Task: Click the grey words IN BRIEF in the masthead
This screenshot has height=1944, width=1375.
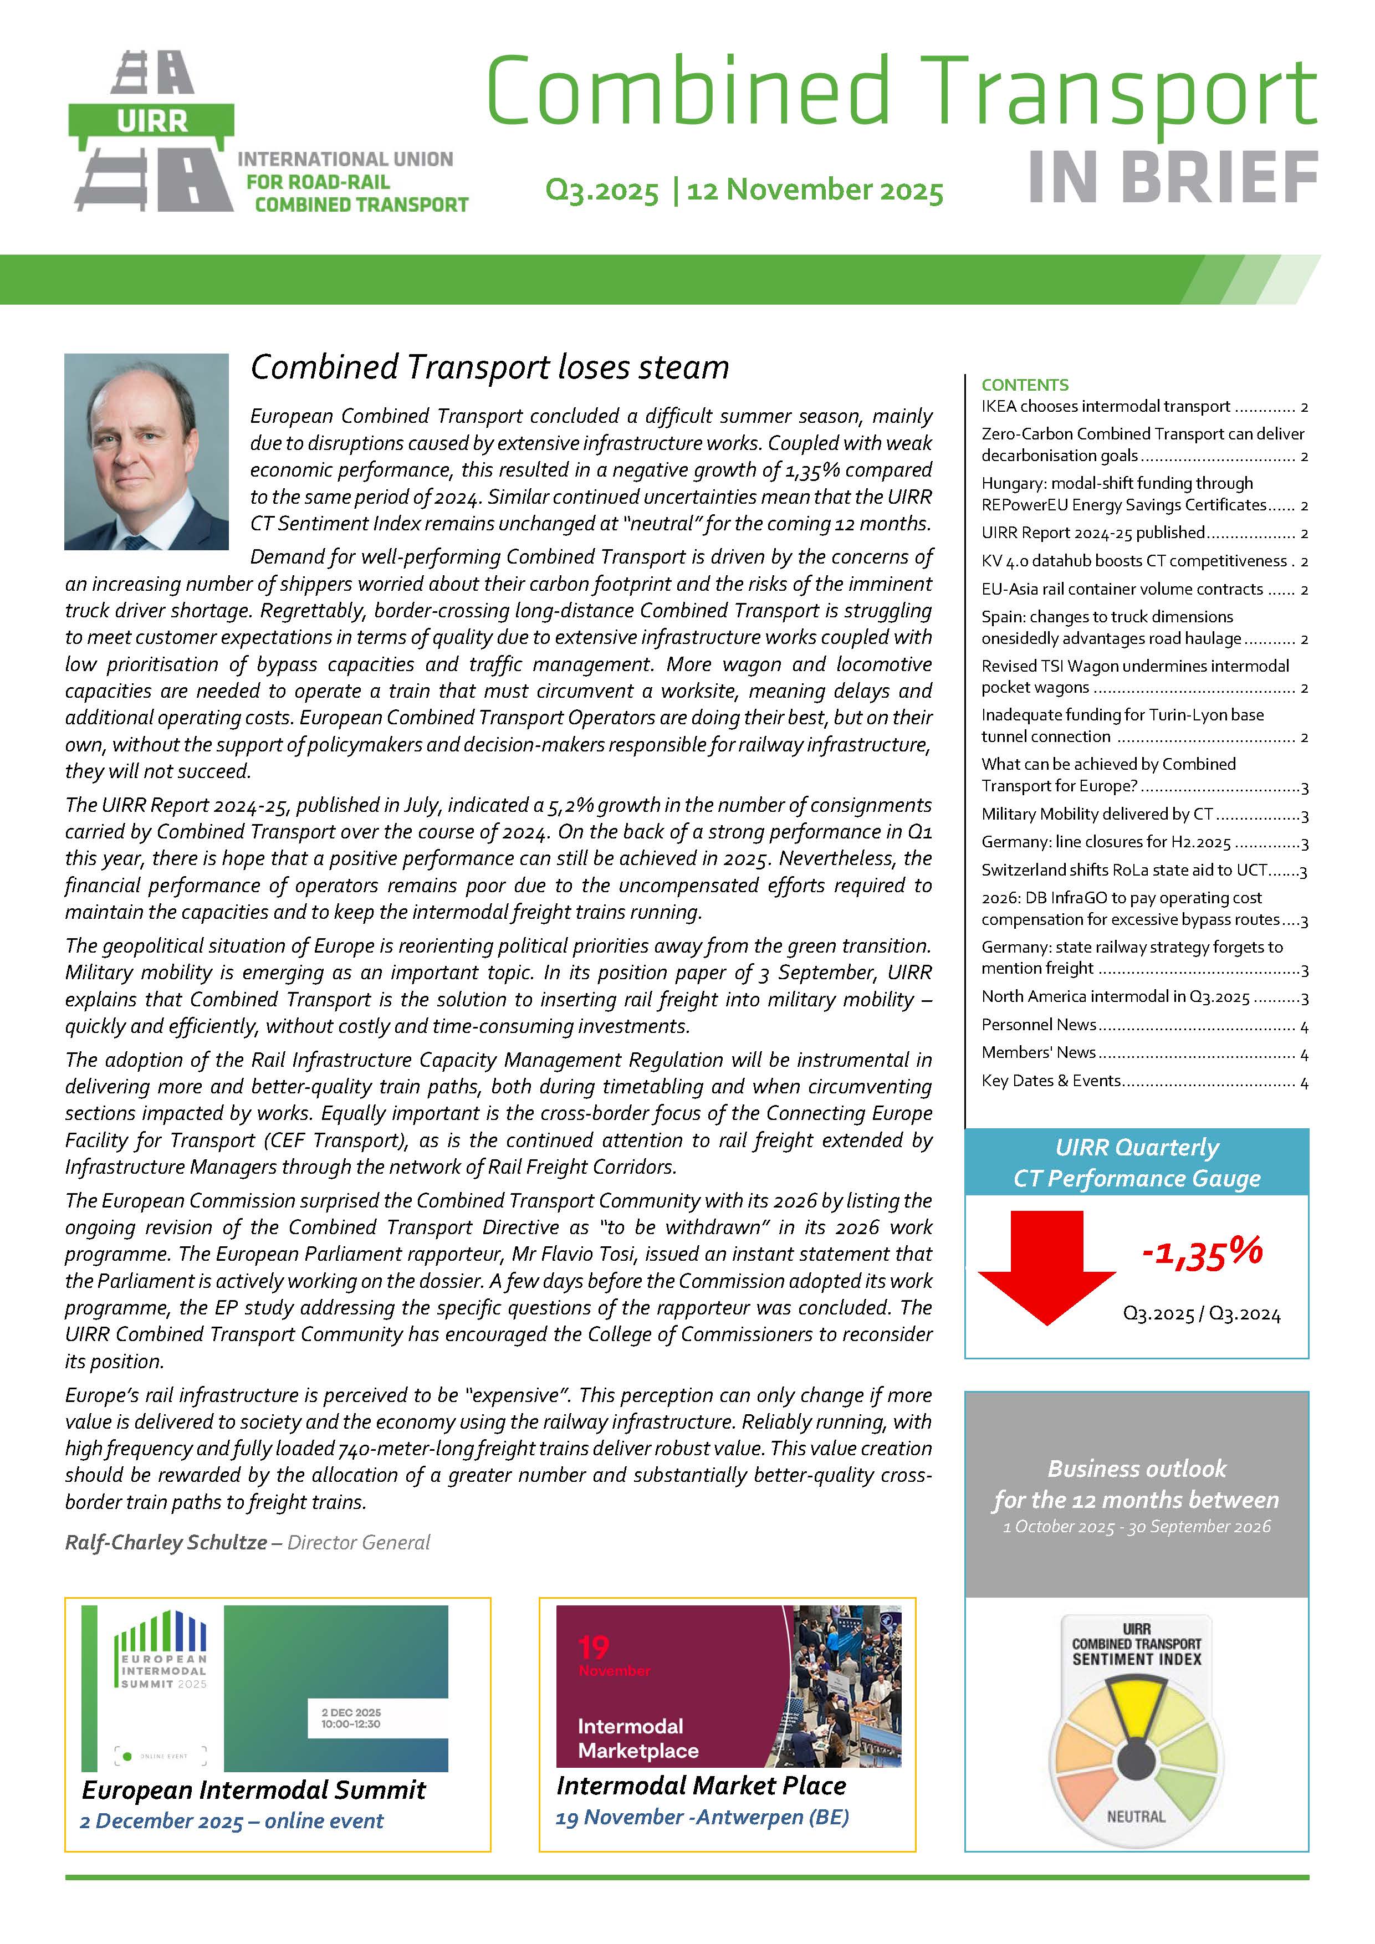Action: tap(1173, 178)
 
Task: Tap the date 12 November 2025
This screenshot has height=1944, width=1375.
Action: tap(815, 191)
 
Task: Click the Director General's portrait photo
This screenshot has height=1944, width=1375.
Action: tap(146, 451)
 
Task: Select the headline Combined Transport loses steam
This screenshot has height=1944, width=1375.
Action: tap(489, 367)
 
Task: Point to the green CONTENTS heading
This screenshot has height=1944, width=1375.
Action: tap(1025, 385)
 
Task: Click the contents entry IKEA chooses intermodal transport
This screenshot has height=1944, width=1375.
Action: tap(1105, 406)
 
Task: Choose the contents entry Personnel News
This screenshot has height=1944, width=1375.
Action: tap(1038, 1025)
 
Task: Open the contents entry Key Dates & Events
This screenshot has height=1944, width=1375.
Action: tap(1051, 1081)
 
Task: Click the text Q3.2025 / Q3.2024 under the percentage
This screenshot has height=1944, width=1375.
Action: tap(1202, 1314)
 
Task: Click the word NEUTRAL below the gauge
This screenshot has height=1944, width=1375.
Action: tap(1136, 1816)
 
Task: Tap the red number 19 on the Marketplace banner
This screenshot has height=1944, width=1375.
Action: tap(594, 1647)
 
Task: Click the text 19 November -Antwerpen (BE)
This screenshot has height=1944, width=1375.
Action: tap(702, 1817)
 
